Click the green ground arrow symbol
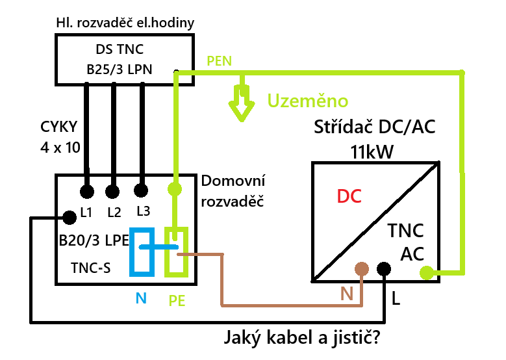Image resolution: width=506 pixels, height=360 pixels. [242, 104]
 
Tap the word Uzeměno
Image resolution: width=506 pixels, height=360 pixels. [308, 101]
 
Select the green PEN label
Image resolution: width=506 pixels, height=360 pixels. [219, 61]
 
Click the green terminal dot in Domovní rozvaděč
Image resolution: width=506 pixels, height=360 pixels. [174, 190]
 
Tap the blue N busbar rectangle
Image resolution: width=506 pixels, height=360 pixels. [142, 251]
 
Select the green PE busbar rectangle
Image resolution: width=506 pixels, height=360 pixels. [176, 251]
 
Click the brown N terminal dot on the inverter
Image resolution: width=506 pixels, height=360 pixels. [361, 269]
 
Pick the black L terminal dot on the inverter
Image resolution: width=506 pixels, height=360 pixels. [384, 268]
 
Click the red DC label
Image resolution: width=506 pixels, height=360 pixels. [349, 196]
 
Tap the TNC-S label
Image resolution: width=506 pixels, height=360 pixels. [91, 266]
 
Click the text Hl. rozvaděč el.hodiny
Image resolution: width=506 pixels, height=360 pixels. [125, 23]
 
